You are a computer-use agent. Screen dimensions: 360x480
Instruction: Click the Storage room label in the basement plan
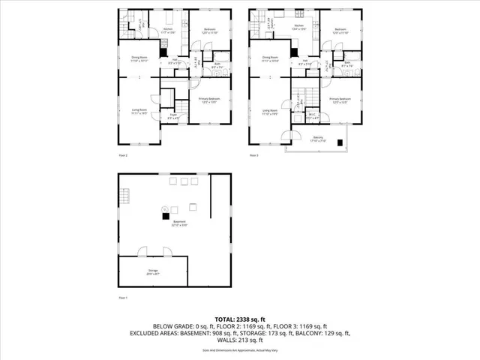[152, 274]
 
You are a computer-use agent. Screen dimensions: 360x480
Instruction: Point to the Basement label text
[180, 223]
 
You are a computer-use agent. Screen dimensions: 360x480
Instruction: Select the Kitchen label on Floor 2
[169, 31]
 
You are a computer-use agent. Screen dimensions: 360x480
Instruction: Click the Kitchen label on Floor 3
[298, 25]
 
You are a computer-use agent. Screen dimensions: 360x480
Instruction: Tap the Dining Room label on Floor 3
[270, 58]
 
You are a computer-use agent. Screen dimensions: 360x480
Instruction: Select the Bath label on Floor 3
[347, 65]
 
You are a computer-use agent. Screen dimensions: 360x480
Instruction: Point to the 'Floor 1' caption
[124, 298]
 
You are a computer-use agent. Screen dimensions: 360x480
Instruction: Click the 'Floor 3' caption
[254, 155]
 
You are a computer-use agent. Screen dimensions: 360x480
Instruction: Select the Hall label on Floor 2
[174, 61]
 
